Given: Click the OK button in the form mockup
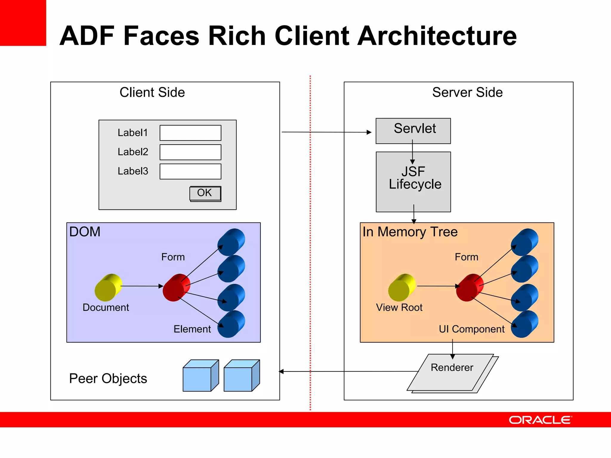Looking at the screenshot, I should pyautogui.click(x=205, y=193).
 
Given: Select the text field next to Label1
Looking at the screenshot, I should pyautogui.click(x=190, y=133).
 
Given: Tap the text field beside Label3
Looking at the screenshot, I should pyautogui.click(x=190, y=171).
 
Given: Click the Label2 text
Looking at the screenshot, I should pyautogui.click(x=133, y=152).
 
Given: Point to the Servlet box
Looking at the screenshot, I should pyautogui.click(x=413, y=131).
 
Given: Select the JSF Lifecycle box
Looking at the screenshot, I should pyautogui.click(x=413, y=182).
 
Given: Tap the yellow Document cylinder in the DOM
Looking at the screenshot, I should pyautogui.click(x=108, y=287).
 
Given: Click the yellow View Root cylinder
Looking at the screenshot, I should pyautogui.click(x=402, y=287).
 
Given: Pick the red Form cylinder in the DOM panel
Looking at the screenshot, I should pyautogui.click(x=176, y=287).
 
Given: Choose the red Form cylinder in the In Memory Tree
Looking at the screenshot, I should pyautogui.click(x=470, y=287).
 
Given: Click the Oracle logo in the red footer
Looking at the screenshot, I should pyautogui.click(x=540, y=420).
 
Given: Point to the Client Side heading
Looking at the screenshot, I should pyautogui.click(x=152, y=92).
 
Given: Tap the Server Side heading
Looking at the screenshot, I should pyautogui.click(x=467, y=92).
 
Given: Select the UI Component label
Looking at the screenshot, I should pyautogui.click(x=471, y=329).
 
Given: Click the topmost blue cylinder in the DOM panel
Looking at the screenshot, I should pyautogui.click(x=231, y=242).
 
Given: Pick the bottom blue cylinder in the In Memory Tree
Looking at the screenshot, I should pyautogui.click(x=524, y=324).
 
